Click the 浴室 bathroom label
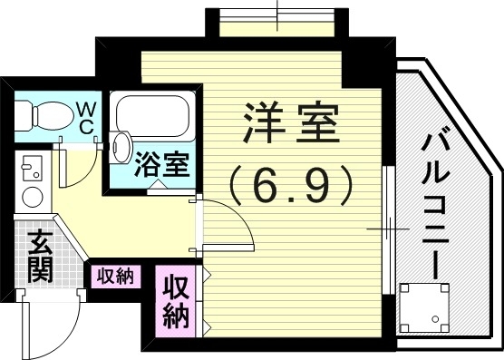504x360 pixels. point(162,165)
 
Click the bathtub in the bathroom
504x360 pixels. point(153,115)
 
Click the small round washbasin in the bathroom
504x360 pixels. point(121,142)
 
